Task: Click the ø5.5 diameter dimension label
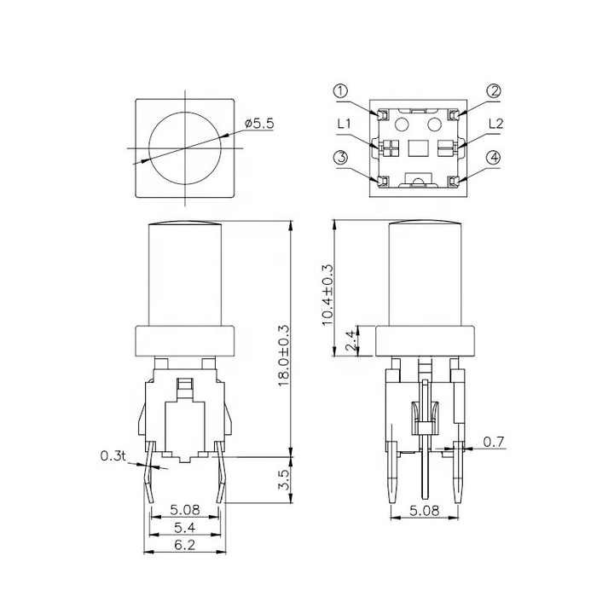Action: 260,124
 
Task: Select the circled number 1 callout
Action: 340,91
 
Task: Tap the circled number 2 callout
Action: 494,91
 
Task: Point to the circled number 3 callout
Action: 340,157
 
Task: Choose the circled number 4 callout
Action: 494,158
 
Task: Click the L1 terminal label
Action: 345,125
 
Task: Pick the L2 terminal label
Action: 495,125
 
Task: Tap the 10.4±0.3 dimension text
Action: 327,294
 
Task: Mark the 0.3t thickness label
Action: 113,457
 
